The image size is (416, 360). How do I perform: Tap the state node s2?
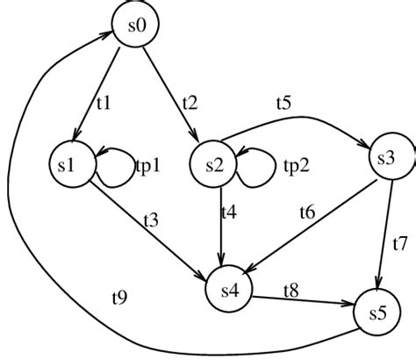click(214, 164)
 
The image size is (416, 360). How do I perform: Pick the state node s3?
click(387, 158)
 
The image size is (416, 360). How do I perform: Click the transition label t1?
click(104, 104)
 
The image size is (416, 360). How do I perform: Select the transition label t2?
click(190, 104)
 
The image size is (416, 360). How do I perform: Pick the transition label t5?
click(283, 104)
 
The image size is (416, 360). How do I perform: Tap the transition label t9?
click(119, 297)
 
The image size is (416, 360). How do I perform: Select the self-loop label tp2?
click(295, 164)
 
